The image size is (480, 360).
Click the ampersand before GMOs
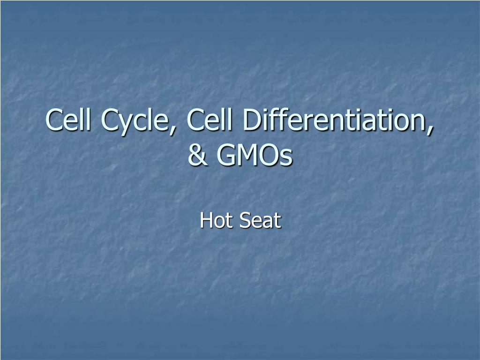coord(198,156)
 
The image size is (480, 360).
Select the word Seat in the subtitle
coord(260,220)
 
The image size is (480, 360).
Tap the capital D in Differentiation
coord(252,120)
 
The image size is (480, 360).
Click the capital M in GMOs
coord(248,156)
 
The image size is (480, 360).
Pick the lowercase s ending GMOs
coord(286,158)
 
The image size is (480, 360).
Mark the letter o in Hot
coord(219,222)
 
